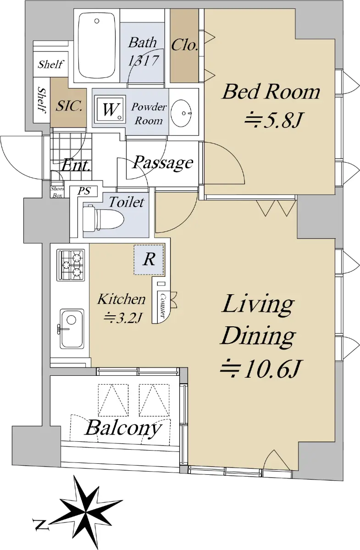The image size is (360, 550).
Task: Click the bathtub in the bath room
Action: click(97, 46)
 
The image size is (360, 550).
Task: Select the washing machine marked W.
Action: click(110, 109)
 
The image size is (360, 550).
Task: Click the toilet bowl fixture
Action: click(103, 218)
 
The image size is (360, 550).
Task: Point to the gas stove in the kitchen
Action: click(71, 265)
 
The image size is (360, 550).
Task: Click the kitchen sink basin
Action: click(72, 329)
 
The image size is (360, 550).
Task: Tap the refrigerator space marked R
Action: click(149, 259)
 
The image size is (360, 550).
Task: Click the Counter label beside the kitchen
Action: click(162, 305)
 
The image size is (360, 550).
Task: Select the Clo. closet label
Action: click(184, 45)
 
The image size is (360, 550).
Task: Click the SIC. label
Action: click(69, 106)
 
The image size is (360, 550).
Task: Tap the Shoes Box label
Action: click(57, 192)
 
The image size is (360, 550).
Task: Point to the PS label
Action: click(84, 191)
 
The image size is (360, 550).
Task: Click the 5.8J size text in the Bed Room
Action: click(274, 120)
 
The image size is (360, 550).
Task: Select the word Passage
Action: click(163, 163)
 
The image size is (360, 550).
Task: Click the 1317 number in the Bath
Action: click(143, 60)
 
